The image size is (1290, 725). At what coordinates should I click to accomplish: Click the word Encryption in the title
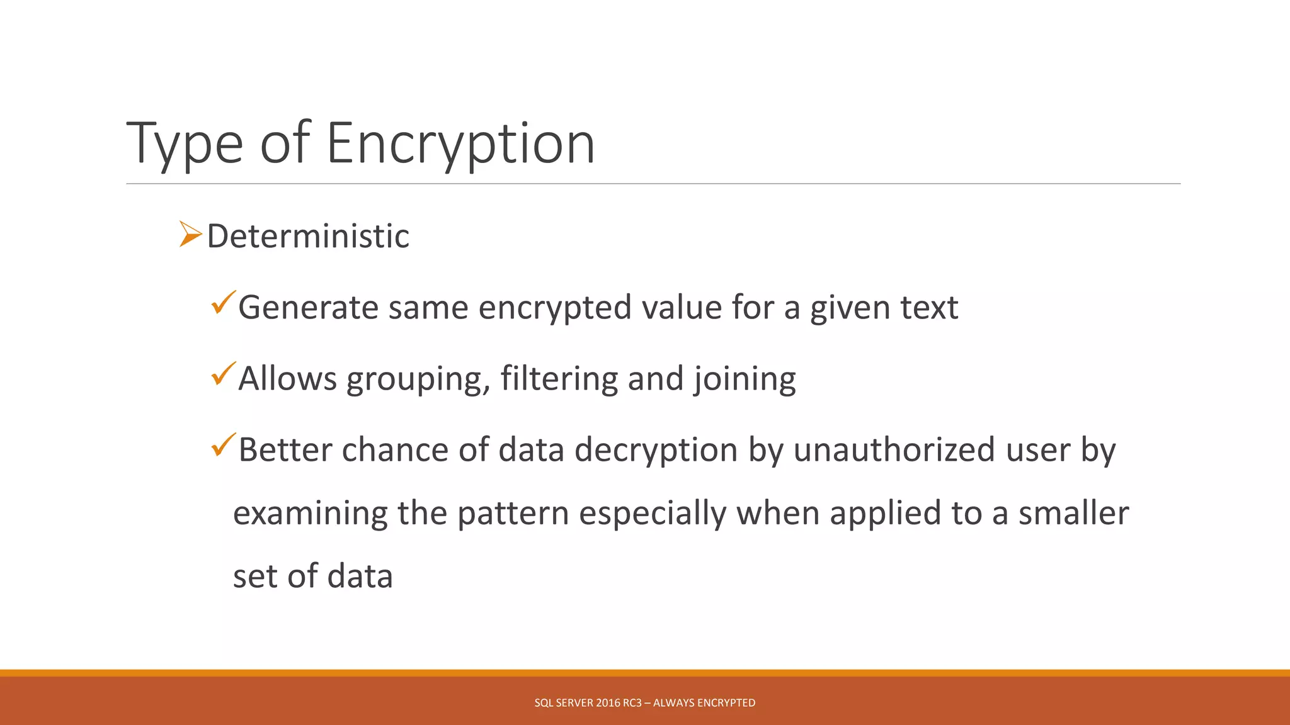(x=460, y=143)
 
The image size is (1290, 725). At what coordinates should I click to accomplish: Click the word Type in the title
(x=185, y=145)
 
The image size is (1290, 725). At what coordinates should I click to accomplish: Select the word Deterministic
(x=308, y=236)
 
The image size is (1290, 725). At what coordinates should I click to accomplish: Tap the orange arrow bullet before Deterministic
(x=190, y=233)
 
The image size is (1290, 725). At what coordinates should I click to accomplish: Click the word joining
(x=745, y=379)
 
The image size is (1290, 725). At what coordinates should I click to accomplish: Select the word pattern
(x=513, y=514)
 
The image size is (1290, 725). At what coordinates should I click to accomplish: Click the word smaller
(x=1073, y=513)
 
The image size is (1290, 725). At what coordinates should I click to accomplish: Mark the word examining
(x=310, y=514)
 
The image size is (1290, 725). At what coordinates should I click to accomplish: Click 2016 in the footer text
(x=608, y=703)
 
